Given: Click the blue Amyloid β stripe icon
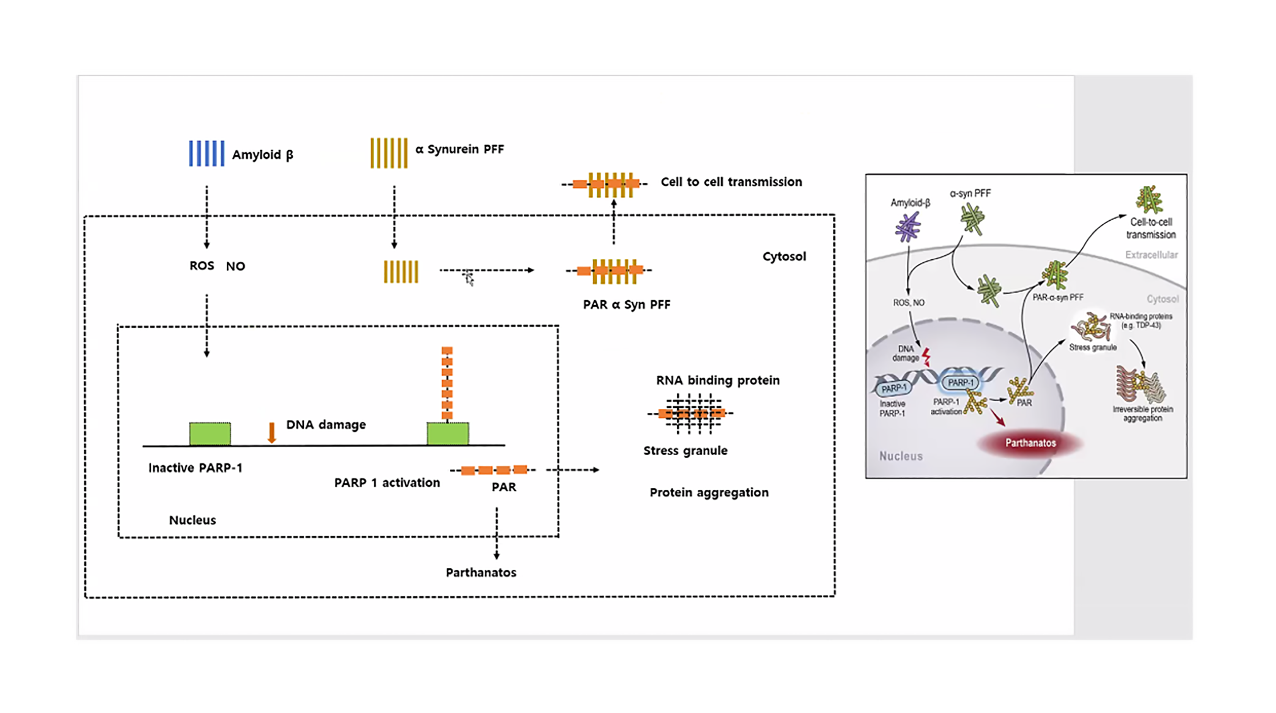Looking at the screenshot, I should (206, 153).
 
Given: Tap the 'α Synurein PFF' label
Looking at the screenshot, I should (459, 149).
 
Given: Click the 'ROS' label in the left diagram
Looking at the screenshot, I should (201, 266).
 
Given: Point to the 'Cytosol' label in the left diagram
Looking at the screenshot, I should (784, 257).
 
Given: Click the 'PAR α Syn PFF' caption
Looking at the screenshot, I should (627, 305).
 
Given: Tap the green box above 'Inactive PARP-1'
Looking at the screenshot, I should (210, 434).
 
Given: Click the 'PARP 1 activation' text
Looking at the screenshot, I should (387, 483).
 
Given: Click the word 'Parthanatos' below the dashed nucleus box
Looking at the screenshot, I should (481, 573).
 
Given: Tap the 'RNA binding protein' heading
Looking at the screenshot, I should (718, 380).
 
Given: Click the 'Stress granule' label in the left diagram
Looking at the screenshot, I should (686, 451).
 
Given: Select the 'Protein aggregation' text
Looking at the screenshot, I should (709, 493).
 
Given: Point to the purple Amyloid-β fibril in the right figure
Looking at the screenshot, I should (908, 227).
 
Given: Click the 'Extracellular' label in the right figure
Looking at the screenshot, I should (1151, 255).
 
